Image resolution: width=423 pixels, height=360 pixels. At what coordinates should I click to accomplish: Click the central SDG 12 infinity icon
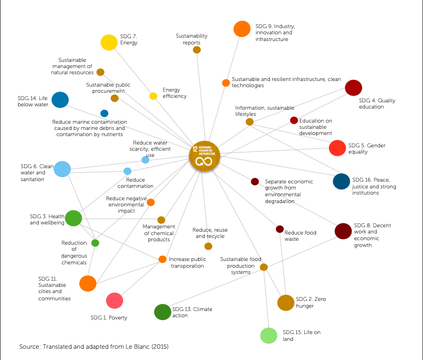(204, 155)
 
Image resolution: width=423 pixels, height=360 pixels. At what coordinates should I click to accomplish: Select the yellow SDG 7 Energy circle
(109, 42)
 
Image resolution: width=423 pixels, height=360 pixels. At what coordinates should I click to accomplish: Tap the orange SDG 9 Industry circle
(242, 29)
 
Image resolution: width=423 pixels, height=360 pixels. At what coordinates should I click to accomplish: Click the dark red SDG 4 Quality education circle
(353, 88)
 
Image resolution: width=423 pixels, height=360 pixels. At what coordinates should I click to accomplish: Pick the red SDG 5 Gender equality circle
(337, 148)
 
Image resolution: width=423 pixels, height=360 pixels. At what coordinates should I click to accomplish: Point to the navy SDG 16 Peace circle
(341, 181)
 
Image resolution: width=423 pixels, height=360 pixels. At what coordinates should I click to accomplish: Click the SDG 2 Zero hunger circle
(286, 303)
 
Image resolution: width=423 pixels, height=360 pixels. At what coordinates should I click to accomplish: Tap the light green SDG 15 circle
(268, 335)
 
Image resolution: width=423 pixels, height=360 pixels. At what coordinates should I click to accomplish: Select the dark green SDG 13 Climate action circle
(162, 312)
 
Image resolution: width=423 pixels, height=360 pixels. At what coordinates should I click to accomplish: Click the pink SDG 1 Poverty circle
(114, 301)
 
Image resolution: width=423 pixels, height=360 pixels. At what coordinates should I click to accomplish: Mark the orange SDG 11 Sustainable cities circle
(88, 283)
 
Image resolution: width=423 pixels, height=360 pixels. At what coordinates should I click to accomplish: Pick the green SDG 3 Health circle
(74, 218)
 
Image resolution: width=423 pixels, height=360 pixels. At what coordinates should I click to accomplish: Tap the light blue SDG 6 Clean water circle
(62, 169)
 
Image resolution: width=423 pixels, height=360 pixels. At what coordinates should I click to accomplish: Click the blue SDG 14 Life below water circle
(60, 100)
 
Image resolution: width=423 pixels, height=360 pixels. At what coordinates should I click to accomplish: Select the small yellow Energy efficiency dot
(153, 96)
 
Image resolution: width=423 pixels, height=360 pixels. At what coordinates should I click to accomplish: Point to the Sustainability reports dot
(197, 50)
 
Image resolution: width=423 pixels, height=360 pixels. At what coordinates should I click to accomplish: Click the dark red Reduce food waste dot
(280, 229)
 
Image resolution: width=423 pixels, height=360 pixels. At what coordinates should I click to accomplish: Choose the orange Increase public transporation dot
(163, 259)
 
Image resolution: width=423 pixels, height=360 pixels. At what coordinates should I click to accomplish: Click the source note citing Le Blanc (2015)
(94, 346)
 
